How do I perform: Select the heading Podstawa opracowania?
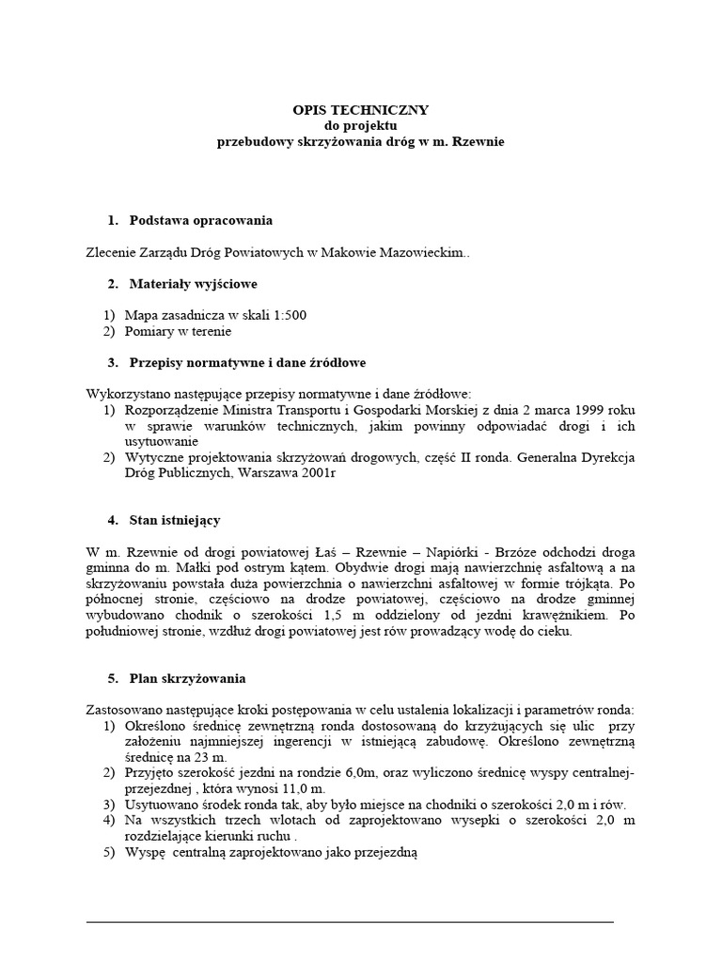(199, 220)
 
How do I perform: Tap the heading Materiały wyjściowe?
(193, 284)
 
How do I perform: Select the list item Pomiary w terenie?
(177, 331)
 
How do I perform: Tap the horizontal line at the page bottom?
(350, 922)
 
